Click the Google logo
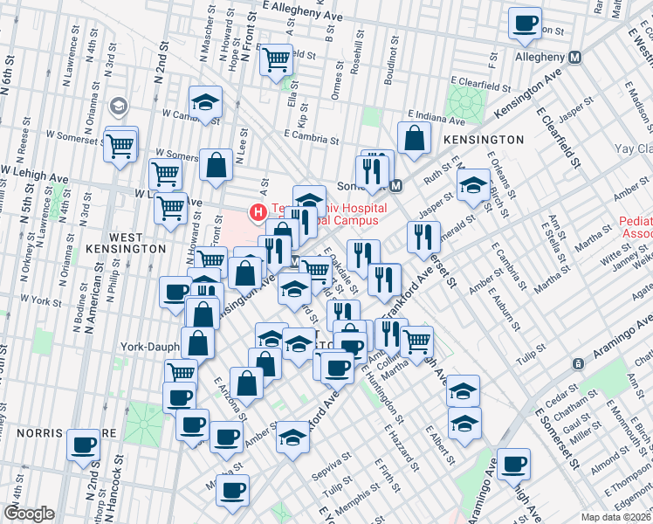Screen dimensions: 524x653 click(29, 514)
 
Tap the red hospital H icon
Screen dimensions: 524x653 click(258, 211)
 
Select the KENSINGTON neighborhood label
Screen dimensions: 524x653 click(483, 140)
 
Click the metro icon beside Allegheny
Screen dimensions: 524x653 click(575, 57)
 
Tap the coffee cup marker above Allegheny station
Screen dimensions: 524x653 click(525, 24)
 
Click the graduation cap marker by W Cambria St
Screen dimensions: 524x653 click(206, 103)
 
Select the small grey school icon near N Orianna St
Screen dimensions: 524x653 click(118, 107)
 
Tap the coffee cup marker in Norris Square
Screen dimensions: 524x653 click(85, 444)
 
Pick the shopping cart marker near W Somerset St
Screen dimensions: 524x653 click(120, 145)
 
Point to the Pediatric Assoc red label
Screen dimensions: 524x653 click(636, 228)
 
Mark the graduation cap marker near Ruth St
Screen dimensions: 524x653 click(473, 185)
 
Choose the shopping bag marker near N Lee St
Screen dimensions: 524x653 click(216, 164)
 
